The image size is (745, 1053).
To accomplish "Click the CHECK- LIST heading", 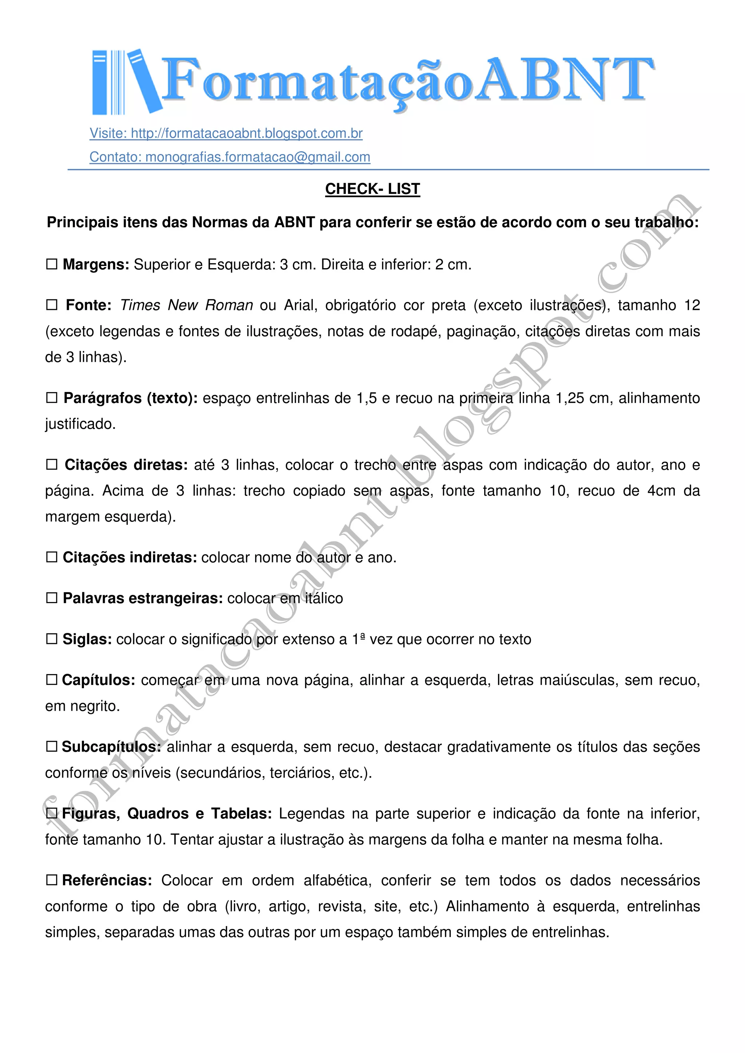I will (372, 189).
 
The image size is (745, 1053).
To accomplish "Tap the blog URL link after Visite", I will (247, 133).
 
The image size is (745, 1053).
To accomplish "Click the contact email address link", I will (258, 157).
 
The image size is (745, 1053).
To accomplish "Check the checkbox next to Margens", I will (51, 264).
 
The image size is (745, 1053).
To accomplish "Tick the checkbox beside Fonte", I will (51, 305).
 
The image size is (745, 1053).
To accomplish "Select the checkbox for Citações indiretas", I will (51, 557).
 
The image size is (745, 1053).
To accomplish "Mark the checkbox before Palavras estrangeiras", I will (51, 598).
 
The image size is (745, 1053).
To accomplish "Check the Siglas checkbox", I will (51, 639).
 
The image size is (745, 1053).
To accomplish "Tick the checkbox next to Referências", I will (51, 880).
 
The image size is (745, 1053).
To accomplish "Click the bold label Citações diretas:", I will (126, 465).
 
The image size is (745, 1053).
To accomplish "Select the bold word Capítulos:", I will (98, 680).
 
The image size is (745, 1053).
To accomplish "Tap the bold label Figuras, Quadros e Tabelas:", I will (167, 814).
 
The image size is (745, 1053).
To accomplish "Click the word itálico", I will (324, 598).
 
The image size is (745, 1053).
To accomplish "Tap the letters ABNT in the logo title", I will (564, 79).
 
